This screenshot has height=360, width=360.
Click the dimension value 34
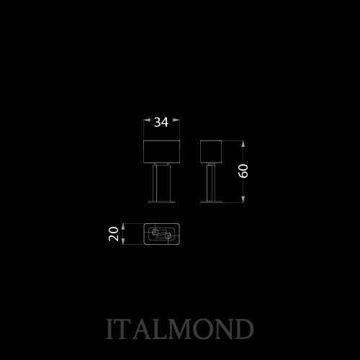tap(161, 122)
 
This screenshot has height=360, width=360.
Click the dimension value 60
tap(243, 171)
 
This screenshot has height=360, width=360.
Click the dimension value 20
tap(114, 234)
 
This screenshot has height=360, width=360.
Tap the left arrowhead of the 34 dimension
tap(147, 120)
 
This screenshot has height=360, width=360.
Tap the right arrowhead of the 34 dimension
tap(176, 120)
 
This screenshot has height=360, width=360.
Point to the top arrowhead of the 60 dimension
tap(243, 144)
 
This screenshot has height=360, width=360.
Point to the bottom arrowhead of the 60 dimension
tap(243, 199)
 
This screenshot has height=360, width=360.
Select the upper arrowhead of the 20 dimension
tap(123, 227)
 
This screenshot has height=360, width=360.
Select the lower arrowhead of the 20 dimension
tap(123, 241)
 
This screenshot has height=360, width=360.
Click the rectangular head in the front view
tap(161, 152)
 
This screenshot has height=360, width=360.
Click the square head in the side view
tap(211, 152)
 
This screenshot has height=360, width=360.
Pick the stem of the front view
tap(161, 183)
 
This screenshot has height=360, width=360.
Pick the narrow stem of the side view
tap(211, 183)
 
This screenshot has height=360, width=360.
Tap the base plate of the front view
tap(161, 202)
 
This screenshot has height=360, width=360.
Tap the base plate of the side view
tap(211, 202)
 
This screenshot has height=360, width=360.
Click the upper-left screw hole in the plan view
tap(155, 232)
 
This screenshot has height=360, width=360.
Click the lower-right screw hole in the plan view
tap(168, 236)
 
